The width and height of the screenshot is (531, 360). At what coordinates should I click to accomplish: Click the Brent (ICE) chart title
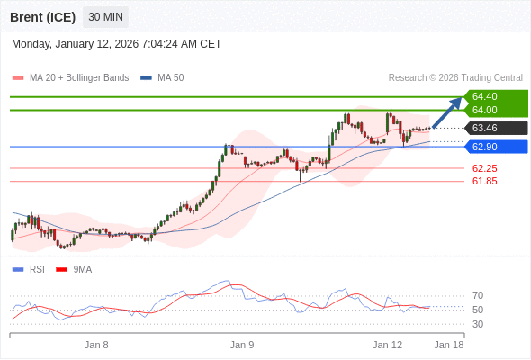[x=42, y=17]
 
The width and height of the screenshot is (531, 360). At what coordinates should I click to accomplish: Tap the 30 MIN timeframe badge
[x=106, y=17]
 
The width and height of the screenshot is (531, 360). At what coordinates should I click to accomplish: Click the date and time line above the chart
[x=116, y=44]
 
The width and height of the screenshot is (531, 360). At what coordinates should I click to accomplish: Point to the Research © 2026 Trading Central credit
[x=455, y=78]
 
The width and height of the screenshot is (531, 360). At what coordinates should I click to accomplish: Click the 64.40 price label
[x=485, y=96]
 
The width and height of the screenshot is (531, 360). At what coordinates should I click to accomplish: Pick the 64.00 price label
[x=485, y=110]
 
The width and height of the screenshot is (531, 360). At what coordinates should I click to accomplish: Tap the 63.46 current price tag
[x=485, y=128]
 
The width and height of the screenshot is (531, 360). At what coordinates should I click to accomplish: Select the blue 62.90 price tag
[x=485, y=147]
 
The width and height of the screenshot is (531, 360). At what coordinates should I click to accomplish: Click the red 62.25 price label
[x=485, y=168]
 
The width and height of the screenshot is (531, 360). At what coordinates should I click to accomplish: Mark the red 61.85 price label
[x=485, y=181]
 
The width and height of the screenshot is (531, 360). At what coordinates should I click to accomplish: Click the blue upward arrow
[x=447, y=112]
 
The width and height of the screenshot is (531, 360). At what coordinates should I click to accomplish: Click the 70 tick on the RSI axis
[x=478, y=295]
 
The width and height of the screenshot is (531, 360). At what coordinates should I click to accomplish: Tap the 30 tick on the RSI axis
[x=478, y=324]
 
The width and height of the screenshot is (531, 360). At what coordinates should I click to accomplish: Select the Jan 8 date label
[x=96, y=345]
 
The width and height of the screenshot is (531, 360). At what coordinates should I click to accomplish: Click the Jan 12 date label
[x=387, y=345]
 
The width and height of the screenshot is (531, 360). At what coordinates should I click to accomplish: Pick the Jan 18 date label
[x=449, y=345]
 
